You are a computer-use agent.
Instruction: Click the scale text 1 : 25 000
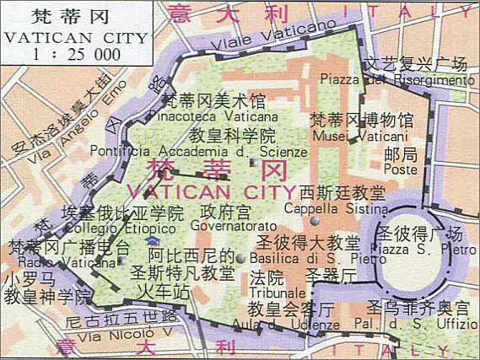pyautogui.click(x=75, y=54)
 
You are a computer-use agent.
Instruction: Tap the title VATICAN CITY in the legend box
pyautogui.click(x=75, y=38)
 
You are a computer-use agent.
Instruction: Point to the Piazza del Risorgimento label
pyautogui.click(x=397, y=80)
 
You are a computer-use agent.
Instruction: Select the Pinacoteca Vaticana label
pyautogui.click(x=218, y=117)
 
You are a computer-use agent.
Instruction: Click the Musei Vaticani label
pyautogui.click(x=360, y=136)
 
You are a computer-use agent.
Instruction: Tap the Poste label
pyautogui.click(x=400, y=169)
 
